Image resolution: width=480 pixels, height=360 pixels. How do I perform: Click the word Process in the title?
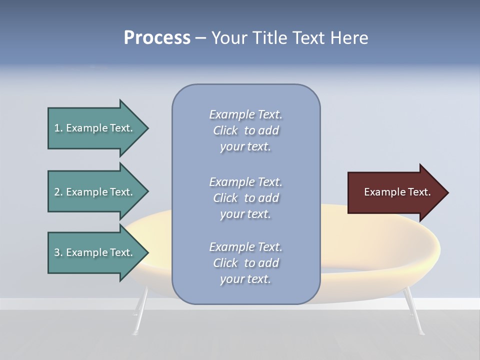157,38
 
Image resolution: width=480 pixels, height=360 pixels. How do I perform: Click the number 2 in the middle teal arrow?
57,192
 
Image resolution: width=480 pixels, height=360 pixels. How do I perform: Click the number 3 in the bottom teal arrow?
57,252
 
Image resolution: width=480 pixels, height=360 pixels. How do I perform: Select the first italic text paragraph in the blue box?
245,130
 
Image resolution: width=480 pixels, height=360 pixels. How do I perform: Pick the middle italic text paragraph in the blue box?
245,198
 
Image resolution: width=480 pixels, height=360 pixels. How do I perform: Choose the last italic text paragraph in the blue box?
245,263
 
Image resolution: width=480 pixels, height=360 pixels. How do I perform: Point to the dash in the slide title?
200,38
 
